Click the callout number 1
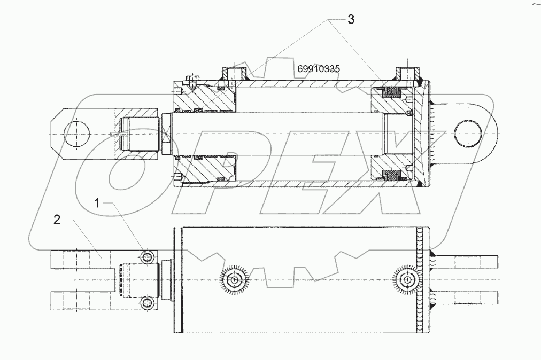point(97,204)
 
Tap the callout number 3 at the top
point(351,20)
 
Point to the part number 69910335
point(319,69)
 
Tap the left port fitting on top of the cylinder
point(234,73)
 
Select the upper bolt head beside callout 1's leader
point(147,257)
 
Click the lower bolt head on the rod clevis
point(147,303)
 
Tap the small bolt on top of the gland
point(191,82)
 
